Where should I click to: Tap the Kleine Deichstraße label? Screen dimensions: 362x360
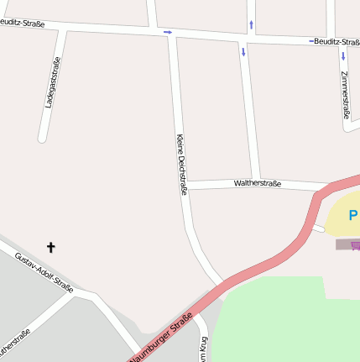coord(181,165)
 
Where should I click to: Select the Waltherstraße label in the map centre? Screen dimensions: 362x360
coord(258,182)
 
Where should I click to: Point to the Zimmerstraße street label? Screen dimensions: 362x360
coord(346,93)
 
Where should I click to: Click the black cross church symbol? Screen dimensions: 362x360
coord(50,247)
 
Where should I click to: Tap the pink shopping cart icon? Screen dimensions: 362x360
coord(356,243)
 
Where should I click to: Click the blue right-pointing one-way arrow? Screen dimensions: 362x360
coord(168,33)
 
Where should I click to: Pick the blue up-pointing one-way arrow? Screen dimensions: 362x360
coord(250,24)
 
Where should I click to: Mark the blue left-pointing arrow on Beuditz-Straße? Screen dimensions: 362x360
coord(311,40)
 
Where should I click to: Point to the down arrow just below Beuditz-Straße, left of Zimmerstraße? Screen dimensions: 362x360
coord(243,52)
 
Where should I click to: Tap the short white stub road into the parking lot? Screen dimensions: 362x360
coord(317,227)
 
